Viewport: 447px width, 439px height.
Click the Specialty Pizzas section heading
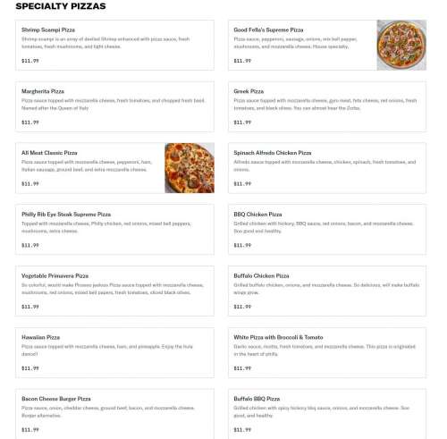tap(61, 6)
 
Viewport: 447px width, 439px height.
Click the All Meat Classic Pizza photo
tap(189, 167)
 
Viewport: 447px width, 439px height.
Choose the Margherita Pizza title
tap(43, 91)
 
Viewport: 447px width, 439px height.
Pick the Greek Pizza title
tap(249, 91)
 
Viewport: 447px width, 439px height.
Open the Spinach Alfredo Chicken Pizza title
tap(273, 153)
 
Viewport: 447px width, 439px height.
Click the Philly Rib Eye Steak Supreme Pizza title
tap(66, 215)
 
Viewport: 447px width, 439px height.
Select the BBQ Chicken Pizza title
tap(257, 215)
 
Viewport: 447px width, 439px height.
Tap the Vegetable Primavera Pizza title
tap(55, 276)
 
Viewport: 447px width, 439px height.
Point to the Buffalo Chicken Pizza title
tap(261, 276)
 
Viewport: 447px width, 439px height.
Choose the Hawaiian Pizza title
tap(41, 337)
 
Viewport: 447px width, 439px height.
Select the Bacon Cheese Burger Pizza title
tap(56, 399)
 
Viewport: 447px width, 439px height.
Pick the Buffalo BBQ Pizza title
tap(257, 399)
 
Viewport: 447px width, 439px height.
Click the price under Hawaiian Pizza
tap(30, 367)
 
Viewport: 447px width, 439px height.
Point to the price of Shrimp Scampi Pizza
tap(30, 60)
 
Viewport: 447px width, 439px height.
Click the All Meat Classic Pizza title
tap(49, 153)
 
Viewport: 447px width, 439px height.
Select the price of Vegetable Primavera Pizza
tap(30, 307)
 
